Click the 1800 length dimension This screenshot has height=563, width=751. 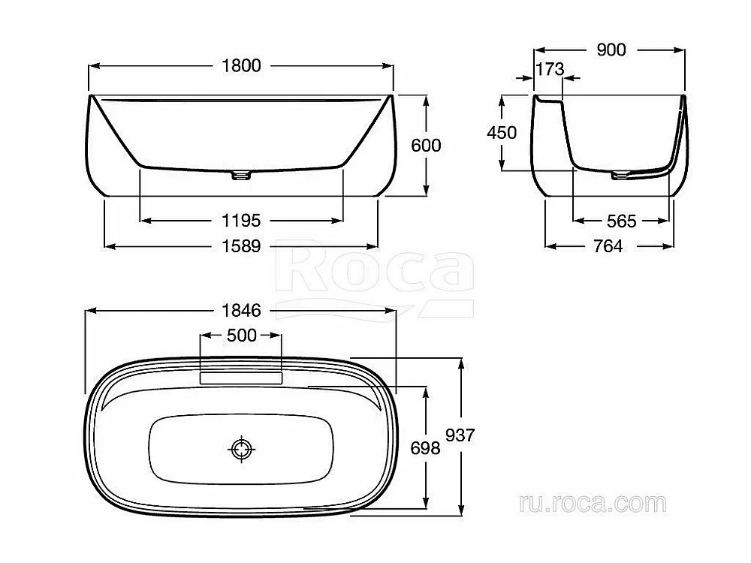[x=241, y=65]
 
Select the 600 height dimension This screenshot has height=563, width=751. [x=426, y=145]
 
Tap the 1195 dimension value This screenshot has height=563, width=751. [x=241, y=221]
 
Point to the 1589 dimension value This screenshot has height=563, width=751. [x=241, y=246]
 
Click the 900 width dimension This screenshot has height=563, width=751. [x=611, y=50]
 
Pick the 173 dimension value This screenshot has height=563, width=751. [x=550, y=69]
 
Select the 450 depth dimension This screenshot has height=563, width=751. [x=502, y=133]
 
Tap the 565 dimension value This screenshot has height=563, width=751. [x=621, y=221]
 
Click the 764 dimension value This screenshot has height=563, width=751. [x=608, y=246]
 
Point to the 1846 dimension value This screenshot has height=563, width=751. [x=241, y=311]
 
